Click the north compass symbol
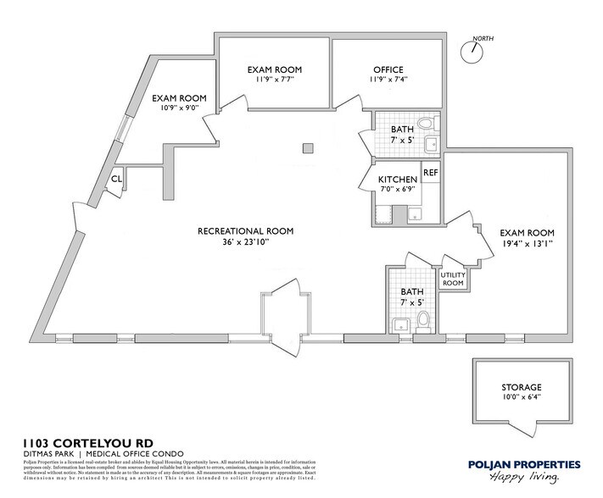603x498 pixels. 469,49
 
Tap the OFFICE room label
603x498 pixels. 388,69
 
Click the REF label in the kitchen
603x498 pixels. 431,172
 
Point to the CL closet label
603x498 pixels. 116,179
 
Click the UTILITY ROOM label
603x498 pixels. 452,279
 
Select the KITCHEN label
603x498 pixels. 398,180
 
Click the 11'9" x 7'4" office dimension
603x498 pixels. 388,80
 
